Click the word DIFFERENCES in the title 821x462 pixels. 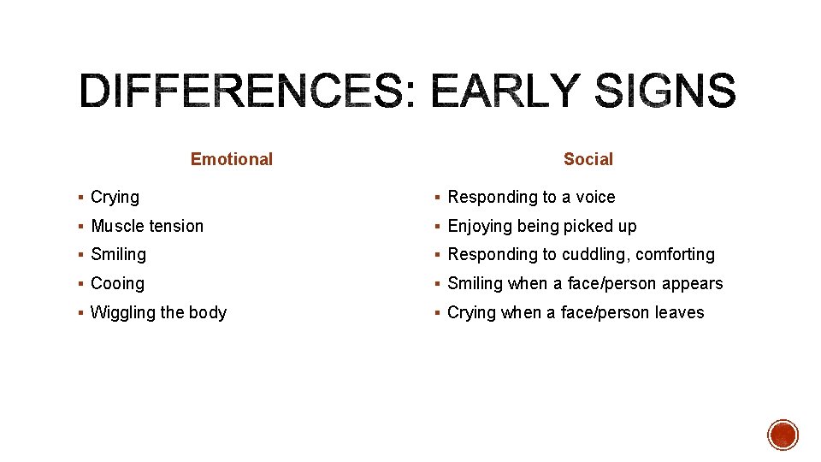[240, 92]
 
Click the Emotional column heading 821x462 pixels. [231, 159]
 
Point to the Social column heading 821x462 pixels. [588, 159]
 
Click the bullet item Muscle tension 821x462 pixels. [147, 226]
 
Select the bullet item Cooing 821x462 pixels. [117, 283]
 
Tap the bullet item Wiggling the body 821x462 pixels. [158, 312]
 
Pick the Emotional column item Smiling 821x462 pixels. [118, 255]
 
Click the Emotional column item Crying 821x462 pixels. [115, 198]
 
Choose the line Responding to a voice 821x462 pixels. [531, 198]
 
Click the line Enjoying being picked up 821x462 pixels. [541, 226]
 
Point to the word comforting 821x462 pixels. [675, 255]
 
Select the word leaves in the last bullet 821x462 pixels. [679, 312]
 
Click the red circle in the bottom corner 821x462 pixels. [783, 435]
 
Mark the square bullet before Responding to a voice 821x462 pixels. [438, 198]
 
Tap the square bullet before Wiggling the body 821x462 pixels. [80, 313]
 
